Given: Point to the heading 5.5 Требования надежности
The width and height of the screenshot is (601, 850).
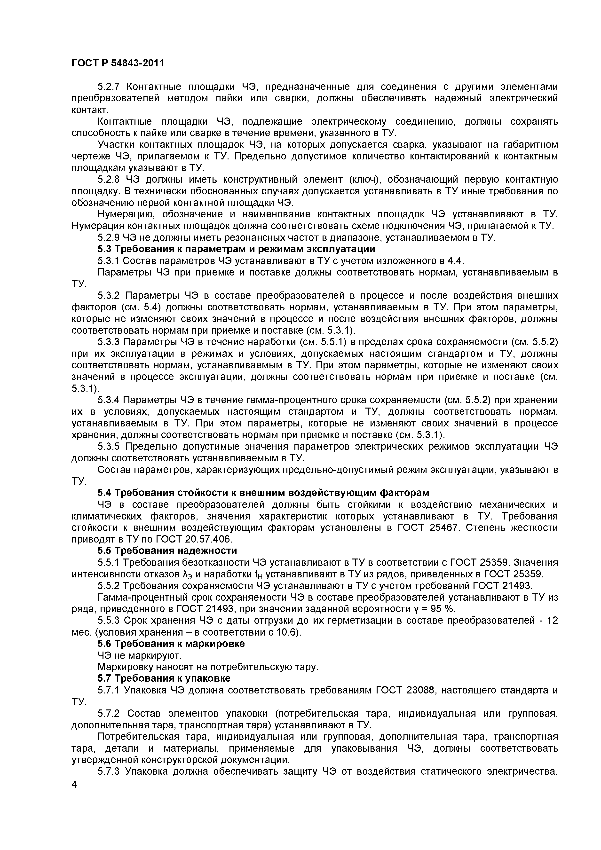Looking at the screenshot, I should [167, 551].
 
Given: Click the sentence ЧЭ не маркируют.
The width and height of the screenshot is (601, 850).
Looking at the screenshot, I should [140, 655].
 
